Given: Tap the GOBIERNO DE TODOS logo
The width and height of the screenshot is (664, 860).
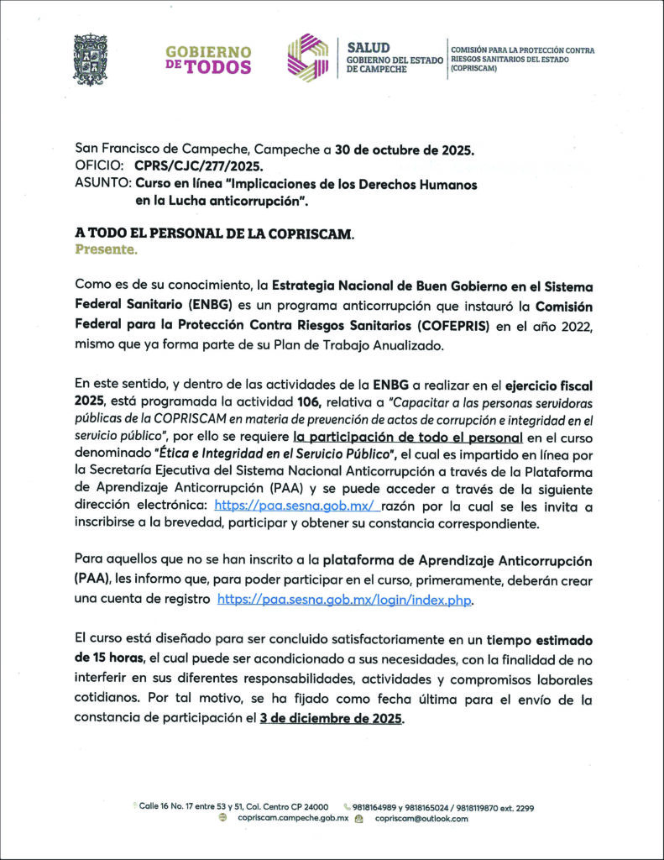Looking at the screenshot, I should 208,60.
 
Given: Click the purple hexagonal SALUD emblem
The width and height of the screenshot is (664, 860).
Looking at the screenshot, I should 308,58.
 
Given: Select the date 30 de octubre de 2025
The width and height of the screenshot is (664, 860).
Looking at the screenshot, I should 405,151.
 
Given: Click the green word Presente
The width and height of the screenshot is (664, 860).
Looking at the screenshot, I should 106,249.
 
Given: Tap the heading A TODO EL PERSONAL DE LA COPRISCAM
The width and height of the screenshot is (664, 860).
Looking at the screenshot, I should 214,234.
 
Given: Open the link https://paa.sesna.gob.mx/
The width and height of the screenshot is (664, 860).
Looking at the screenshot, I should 296,506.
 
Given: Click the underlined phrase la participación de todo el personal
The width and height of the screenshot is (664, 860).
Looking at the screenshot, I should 408,438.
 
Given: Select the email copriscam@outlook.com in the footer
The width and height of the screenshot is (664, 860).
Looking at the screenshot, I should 421,818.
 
